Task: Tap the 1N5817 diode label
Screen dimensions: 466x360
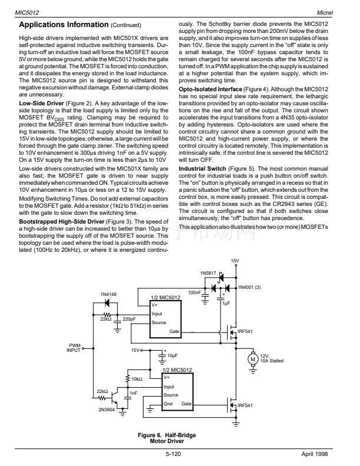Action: pos(209,274)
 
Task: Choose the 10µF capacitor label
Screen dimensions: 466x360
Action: pos(172,355)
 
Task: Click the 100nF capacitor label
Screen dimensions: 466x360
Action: pos(195,291)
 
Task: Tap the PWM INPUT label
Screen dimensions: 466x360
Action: pos(75,348)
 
